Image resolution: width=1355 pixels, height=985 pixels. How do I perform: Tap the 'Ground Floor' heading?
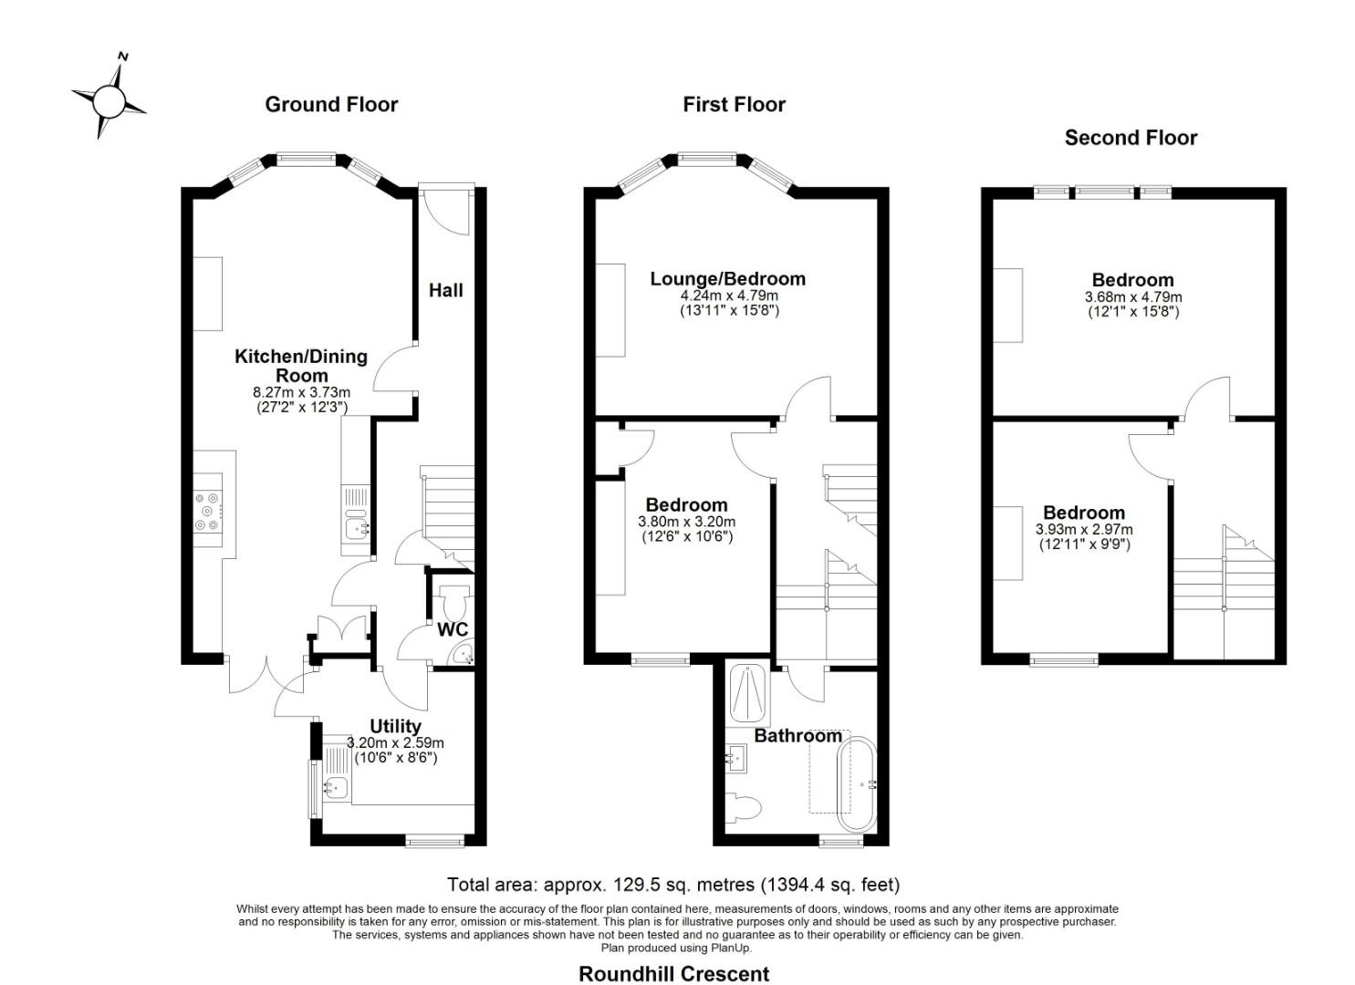click(331, 105)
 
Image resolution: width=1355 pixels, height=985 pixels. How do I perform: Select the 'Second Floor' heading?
click(1131, 138)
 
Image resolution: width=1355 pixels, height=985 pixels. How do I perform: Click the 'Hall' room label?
click(446, 290)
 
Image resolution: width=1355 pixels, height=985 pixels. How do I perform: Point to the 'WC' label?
click(453, 629)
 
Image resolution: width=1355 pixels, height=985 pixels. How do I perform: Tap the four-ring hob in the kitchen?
click(207, 512)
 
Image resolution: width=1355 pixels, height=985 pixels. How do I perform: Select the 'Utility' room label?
click(395, 726)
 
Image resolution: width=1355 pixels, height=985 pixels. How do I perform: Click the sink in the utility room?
click(335, 787)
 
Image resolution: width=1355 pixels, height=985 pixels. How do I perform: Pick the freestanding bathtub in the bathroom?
click(856, 783)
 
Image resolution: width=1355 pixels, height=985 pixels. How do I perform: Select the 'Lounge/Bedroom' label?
click(728, 279)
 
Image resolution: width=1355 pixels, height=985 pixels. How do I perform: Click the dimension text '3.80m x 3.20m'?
click(686, 521)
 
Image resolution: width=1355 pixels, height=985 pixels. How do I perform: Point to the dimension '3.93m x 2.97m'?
click(1084, 529)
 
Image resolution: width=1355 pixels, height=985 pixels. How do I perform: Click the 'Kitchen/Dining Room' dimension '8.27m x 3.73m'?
click(301, 392)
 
